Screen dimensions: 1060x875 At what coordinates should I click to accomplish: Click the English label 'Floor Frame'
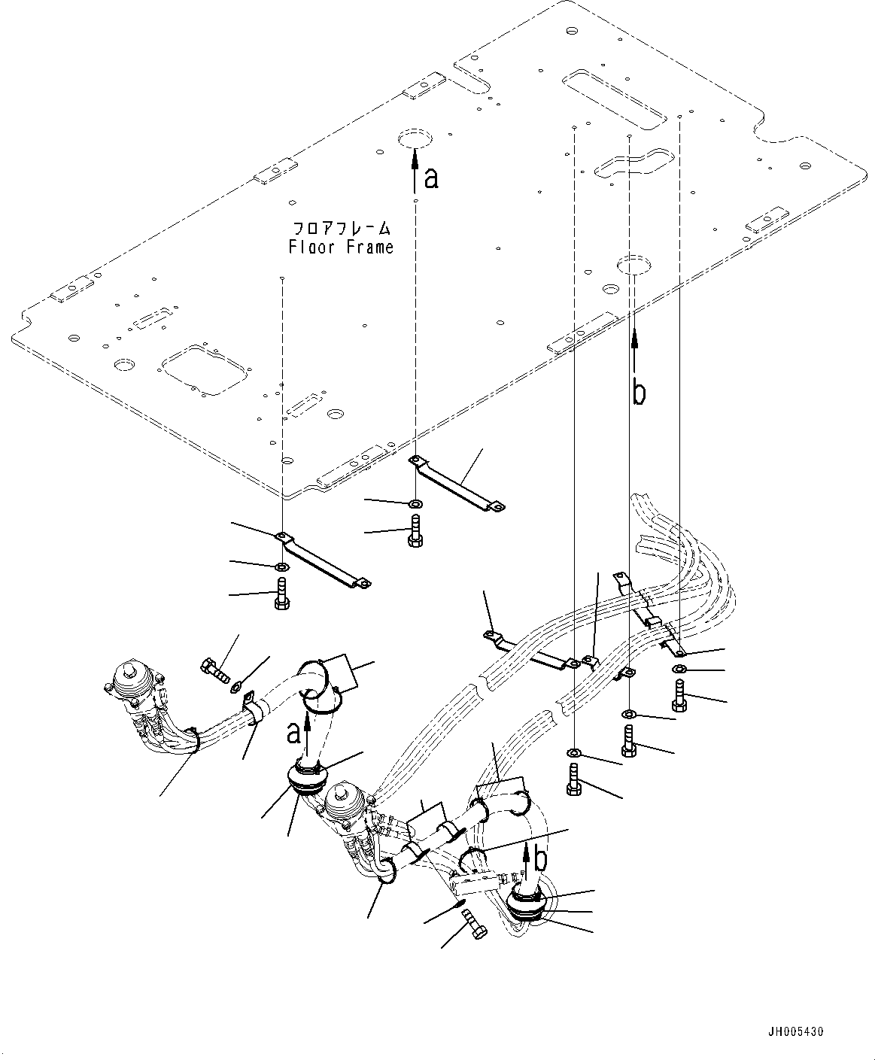(x=342, y=247)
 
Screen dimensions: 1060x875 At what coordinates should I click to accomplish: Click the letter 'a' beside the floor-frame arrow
(x=430, y=178)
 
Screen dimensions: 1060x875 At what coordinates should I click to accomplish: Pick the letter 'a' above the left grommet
(x=294, y=731)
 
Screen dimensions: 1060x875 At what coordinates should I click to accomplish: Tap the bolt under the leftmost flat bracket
(x=281, y=595)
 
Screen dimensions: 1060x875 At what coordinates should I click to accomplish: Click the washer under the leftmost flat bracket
(x=281, y=566)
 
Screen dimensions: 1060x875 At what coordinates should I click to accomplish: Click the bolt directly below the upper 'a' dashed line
(x=415, y=531)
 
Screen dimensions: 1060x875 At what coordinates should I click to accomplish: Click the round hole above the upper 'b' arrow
(x=633, y=264)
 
